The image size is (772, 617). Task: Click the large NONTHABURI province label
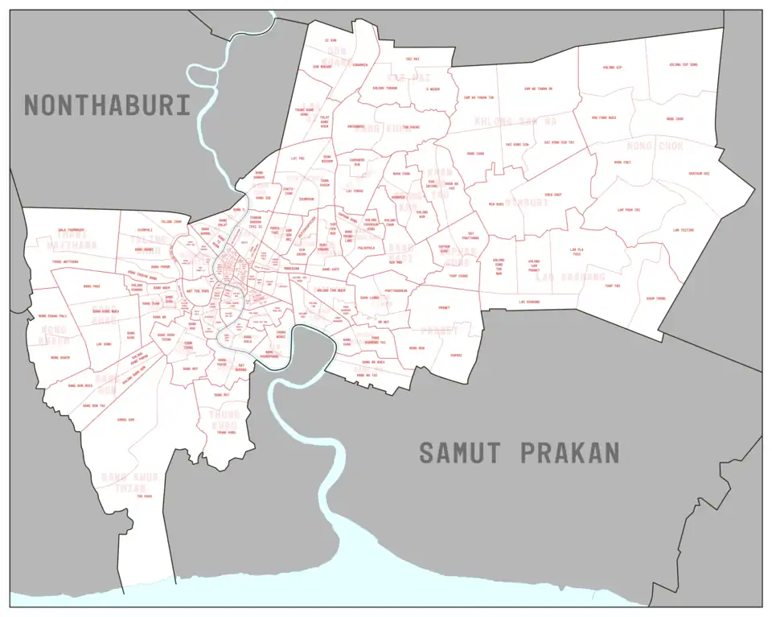(x=107, y=105)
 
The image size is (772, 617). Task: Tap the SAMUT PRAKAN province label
(x=519, y=453)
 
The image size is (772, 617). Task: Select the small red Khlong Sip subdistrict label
(x=613, y=68)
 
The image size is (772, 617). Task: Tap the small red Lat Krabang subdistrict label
(x=528, y=302)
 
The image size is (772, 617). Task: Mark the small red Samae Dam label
(x=125, y=419)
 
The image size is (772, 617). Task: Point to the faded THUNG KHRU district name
(x=225, y=419)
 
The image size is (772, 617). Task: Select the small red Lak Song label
(x=103, y=343)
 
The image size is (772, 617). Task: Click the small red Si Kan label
(x=329, y=39)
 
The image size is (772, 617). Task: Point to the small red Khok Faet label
(x=622, y=162)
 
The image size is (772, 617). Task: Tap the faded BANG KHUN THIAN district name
(x=129, y=482)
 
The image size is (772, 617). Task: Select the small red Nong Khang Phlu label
(x=53, y=316)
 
